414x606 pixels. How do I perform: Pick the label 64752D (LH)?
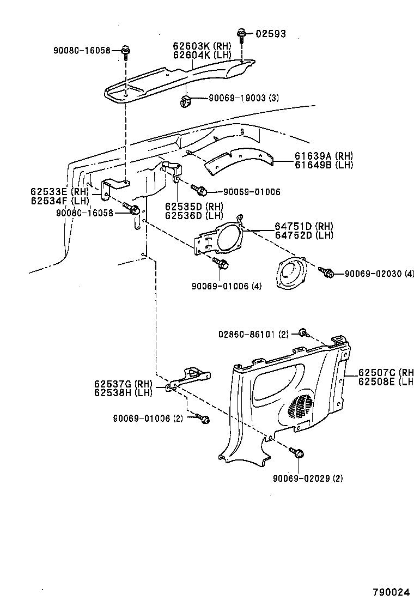click(303, 235)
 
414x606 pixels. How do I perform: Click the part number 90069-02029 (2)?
click(308, 478)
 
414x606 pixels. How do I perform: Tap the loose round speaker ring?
click(291, 274)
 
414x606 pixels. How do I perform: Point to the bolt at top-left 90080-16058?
click(125, 51)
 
